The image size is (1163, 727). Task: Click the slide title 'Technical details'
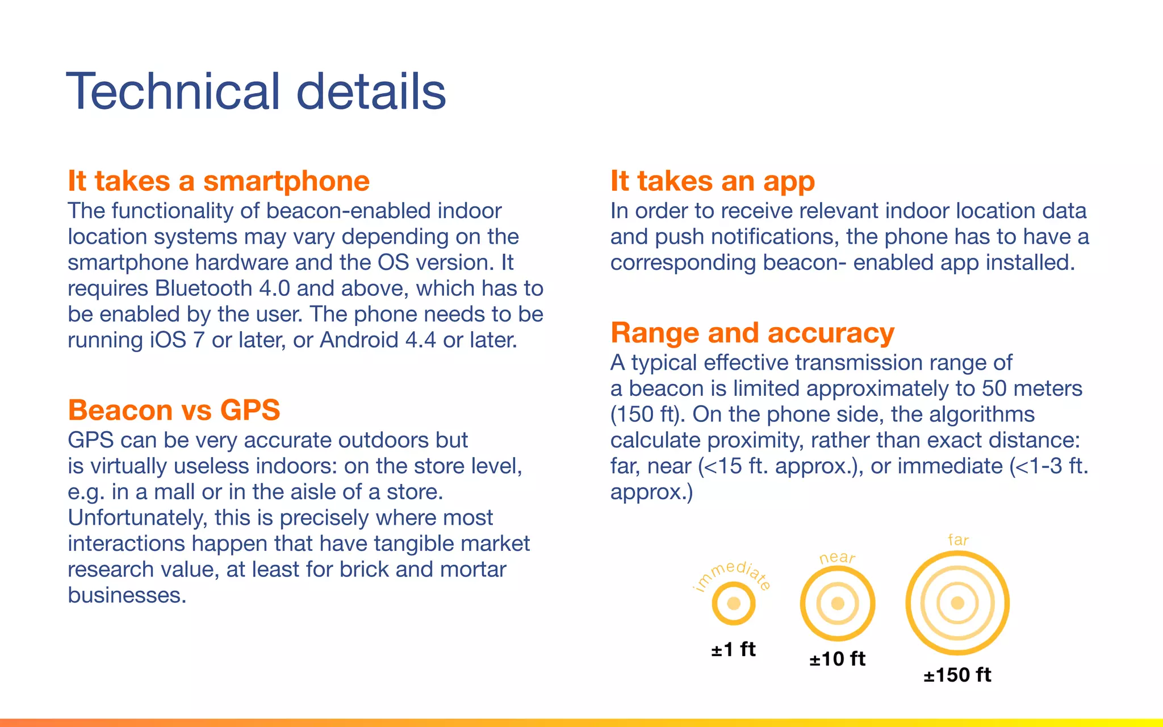[256, 91]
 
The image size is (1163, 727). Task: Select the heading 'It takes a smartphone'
[219, 181]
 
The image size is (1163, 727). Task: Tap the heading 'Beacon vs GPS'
[174, 410]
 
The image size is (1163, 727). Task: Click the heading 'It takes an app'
[713, 181]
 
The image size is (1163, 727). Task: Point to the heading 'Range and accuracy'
[752, 333]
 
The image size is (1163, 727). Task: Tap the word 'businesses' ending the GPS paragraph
[126, 595]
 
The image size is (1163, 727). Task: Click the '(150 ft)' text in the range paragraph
[646, 415]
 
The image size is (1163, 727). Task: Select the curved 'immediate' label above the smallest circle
[733, 574]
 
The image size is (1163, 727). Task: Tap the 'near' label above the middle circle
[837, 558]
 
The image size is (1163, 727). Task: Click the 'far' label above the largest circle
[958, 540]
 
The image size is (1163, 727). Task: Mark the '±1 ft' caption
[733, 649]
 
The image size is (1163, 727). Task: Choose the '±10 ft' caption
[837, 659]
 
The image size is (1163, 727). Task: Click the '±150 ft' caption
[957, 675]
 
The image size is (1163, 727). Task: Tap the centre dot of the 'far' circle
[957, 603]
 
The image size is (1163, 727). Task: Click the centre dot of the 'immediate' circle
[734, 603]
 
